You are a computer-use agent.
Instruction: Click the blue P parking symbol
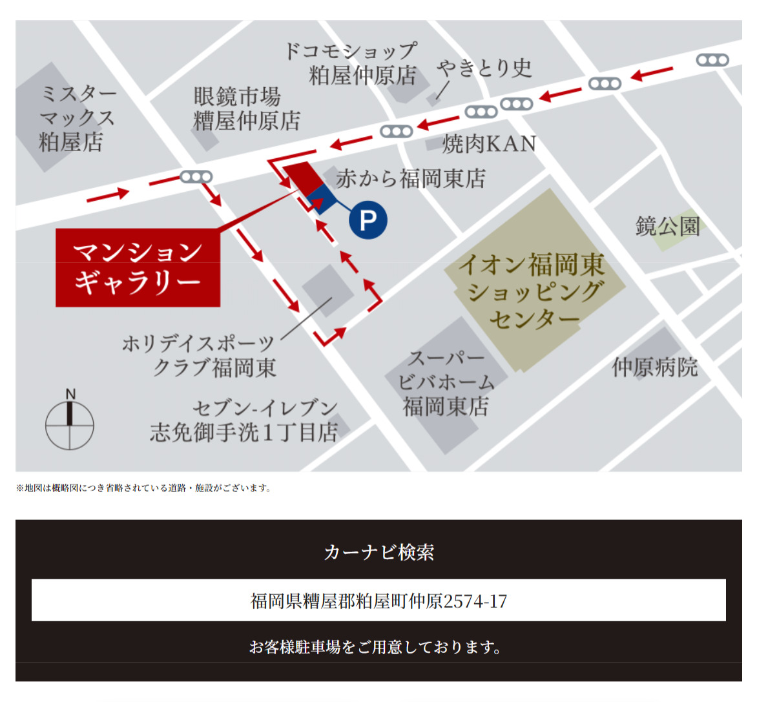(x=368, y=221)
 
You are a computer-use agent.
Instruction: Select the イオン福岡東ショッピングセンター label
(x=534, y=291)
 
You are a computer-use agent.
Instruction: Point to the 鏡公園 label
(x=667, y=227)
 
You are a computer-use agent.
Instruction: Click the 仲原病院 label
(x=655, y=367)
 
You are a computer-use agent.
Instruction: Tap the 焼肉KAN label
(x=489, y=143)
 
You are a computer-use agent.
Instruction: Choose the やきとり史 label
(x=484, y=68)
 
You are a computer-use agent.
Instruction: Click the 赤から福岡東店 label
(x=411, y=178)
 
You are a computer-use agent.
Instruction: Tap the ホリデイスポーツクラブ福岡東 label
(x=199, y=355)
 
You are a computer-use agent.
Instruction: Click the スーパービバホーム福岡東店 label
(x=446, y=382)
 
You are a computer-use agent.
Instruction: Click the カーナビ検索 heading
(x=378, y=552)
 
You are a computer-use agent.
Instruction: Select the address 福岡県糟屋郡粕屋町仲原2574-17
(x=378, y=601)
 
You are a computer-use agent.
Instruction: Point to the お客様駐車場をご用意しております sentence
(x=375, y=646)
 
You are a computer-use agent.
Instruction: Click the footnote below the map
(x=143, y=488)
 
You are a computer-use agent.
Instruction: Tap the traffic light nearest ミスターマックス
(x=196, y=176)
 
